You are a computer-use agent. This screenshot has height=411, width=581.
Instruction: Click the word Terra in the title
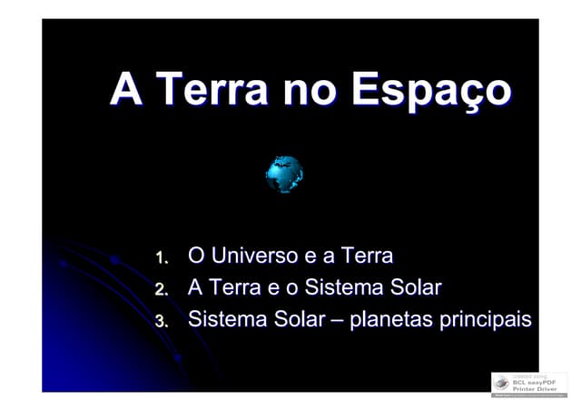tap(211, 91)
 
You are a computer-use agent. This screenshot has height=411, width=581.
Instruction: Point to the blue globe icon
tap(284, 173)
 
